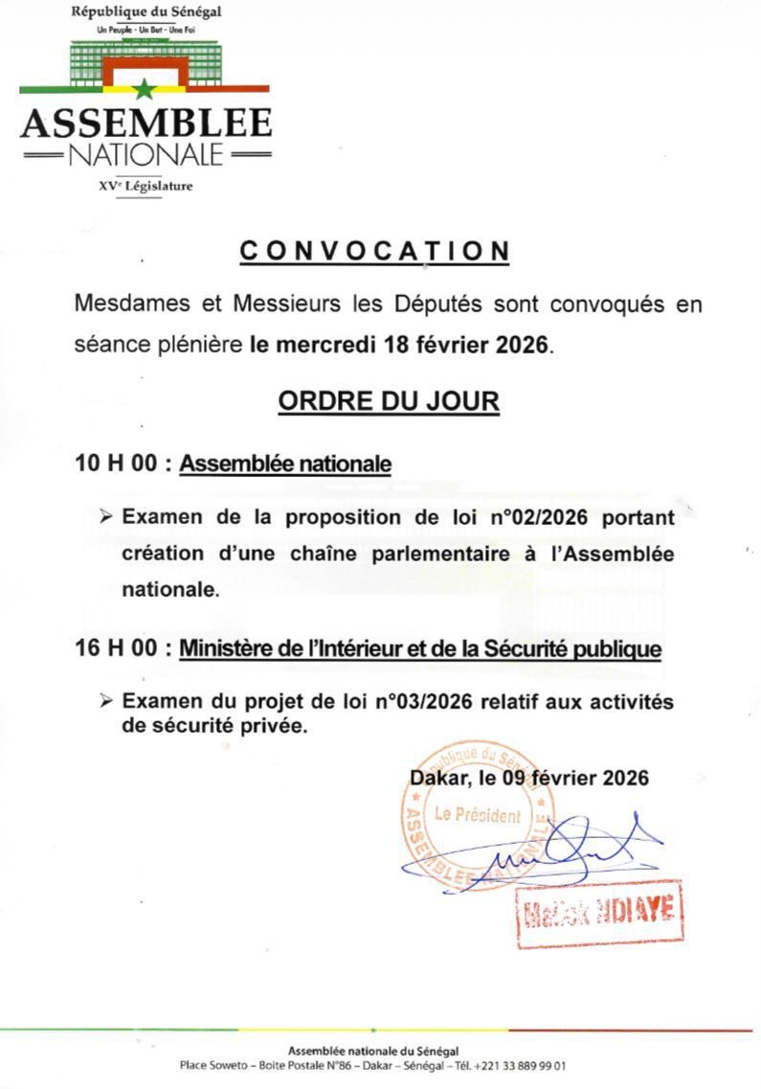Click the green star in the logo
click(145, 91)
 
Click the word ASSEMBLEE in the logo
click(145, 124)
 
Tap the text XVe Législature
click(145, 186)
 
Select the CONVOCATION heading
click(374, 251)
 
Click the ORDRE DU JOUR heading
click(389, 400)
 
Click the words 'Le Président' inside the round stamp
click(478, 815)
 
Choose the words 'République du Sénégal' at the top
click(146, 12)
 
